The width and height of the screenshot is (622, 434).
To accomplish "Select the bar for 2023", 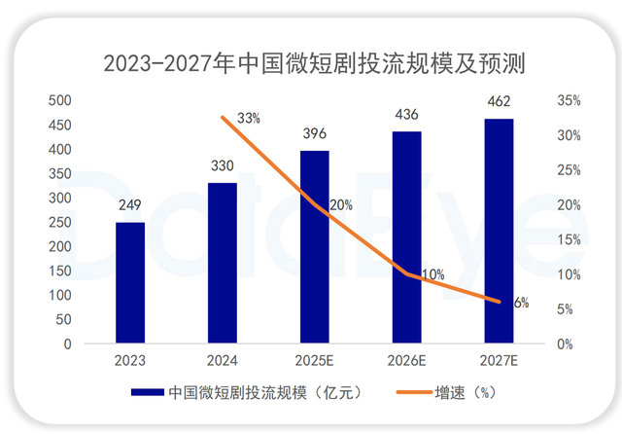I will coord(130,282).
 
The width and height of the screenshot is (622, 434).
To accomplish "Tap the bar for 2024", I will coord(223,263).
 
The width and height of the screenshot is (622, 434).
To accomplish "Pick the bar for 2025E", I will coord(315,247).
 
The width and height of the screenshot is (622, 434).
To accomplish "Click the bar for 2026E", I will coord(407,237).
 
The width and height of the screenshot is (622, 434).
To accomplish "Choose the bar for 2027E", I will coord(499,231).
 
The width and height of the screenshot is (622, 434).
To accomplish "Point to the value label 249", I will coord(130,205).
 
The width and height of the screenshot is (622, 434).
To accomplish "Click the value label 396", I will coord(315,133).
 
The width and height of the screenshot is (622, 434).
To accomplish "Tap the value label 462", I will coord(499,101).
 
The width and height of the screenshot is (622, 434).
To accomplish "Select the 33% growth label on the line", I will coord(249,119).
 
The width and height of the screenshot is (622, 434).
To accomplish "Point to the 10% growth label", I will coord(432,273).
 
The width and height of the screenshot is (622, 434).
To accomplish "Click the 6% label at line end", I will coord(521,303).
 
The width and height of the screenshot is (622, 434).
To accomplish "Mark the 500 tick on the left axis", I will coord(59,100).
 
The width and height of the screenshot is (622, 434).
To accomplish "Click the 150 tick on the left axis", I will coord(59,271).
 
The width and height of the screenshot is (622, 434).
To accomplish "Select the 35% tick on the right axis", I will coord(570,100).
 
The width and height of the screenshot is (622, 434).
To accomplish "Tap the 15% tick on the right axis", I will coord(570,239).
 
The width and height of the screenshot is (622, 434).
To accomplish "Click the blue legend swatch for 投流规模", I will coord(146,393).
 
